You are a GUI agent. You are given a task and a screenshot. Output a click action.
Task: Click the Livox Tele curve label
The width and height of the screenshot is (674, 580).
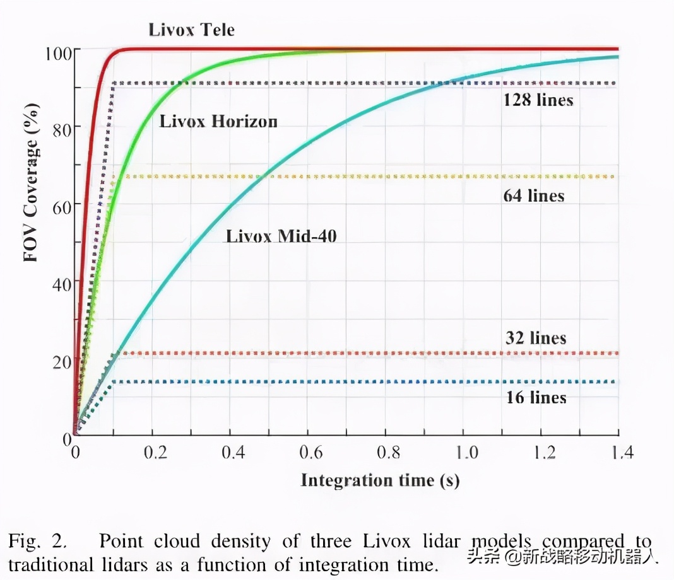tap(191, 30)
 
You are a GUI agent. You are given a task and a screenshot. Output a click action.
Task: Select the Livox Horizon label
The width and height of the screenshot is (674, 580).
tap(218, 121)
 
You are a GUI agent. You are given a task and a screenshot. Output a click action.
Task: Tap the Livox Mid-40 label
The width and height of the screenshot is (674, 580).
tap(281, 236)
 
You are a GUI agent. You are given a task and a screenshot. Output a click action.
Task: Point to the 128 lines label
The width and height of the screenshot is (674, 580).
tap(538, 100)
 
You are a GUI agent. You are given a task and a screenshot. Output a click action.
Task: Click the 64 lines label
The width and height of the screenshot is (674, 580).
tap(533, 195)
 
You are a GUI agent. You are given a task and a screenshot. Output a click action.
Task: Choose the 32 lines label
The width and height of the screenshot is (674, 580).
tap(536, 338)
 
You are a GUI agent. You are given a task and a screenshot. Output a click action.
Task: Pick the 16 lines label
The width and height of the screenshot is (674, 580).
tap(536, 397)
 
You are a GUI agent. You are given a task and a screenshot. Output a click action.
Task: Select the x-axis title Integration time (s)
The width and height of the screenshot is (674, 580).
tap(379, 480)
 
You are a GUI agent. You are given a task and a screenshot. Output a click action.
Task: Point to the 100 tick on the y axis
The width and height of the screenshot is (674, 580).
tap(57, 50)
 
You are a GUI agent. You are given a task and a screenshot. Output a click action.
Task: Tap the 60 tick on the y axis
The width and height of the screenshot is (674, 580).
tap(61, 204)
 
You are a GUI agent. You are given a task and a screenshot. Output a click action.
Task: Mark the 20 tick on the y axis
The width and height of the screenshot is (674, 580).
tap(61, 359)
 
